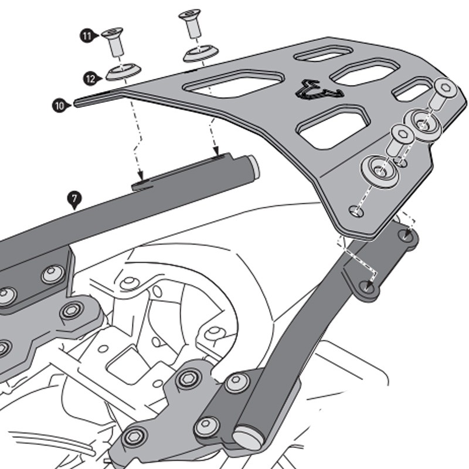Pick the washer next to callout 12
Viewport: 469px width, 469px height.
pos(123,72)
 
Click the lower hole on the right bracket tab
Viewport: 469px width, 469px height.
pos(368,287)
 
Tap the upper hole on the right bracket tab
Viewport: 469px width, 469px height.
pos(407,236)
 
